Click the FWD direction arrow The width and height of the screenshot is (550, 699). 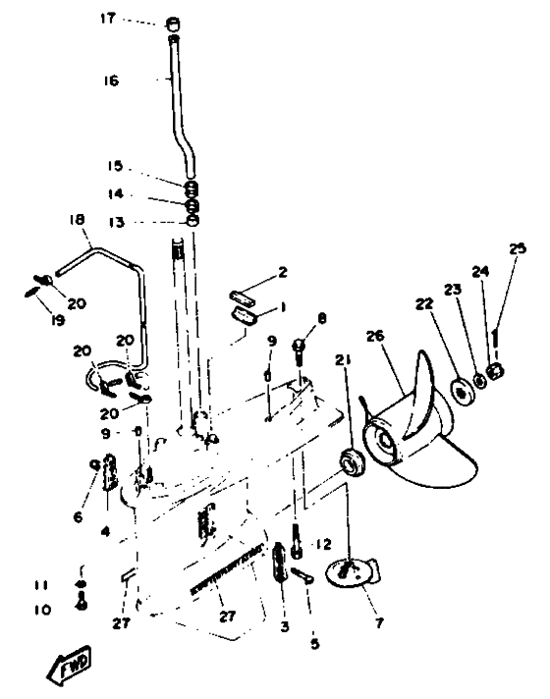70,666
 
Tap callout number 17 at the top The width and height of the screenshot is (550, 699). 107,19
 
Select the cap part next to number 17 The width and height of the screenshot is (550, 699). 173,23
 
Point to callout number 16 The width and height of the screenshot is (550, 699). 112,81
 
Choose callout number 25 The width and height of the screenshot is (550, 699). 518,247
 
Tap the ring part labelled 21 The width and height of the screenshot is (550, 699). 352,463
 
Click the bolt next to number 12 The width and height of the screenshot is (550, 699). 297,541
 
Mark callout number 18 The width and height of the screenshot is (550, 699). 78,220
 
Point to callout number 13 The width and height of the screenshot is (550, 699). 117,222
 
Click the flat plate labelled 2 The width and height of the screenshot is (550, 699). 244,296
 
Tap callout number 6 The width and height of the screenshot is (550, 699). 78,516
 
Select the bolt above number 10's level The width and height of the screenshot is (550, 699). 82,602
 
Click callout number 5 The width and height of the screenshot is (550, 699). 315,643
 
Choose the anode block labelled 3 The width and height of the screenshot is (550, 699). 279,562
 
